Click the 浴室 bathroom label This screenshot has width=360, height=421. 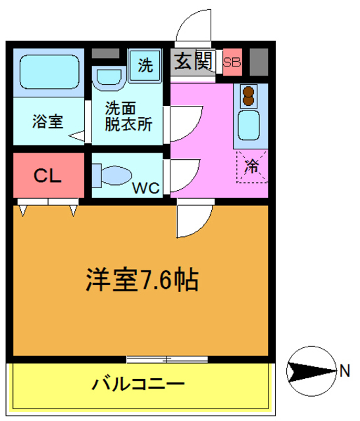[47, 122]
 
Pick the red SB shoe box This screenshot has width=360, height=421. [232, 63]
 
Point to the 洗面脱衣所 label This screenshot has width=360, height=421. [128, 116]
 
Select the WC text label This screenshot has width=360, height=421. [146, 187]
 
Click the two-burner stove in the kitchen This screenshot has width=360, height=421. [249, 96]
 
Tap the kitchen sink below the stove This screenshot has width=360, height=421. [249, 125]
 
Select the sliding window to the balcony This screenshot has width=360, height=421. [167, 359]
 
